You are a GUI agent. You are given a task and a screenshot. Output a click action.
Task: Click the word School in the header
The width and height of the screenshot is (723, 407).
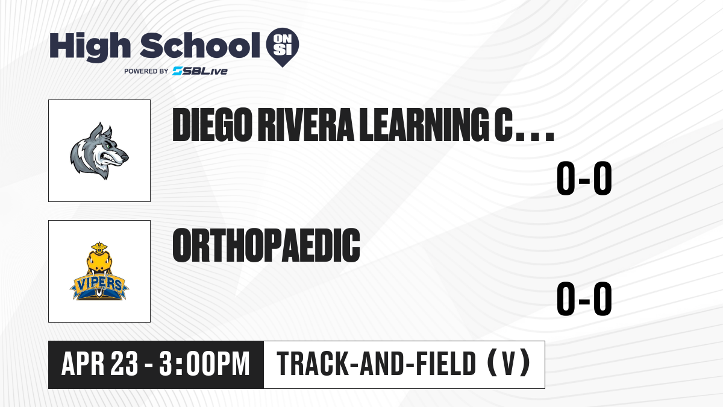click(x=200, y=45)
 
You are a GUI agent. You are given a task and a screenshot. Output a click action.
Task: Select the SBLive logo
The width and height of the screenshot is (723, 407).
click(x=199, y=71)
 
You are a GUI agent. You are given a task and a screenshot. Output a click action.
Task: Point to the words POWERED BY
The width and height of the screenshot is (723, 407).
click(x=146, y=71)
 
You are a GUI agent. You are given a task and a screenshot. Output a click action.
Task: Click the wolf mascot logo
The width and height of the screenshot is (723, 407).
click(x=99, y=151)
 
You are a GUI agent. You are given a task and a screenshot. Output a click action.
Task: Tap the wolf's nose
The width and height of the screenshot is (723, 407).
click(x=125, y=158)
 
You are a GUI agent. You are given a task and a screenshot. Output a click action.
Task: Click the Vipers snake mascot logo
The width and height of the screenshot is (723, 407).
click(x=99, y=271)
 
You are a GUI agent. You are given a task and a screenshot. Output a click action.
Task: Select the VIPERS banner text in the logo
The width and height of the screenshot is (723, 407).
click(x=99, y=284)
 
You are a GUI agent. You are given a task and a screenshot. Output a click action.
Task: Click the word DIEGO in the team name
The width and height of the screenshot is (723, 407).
click(x=212, y=125)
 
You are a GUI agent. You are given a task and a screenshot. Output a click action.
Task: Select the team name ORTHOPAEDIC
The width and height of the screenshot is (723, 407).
click(x=266, y=245)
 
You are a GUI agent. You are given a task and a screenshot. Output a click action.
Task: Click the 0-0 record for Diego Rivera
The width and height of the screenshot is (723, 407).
click(x=584, y=178)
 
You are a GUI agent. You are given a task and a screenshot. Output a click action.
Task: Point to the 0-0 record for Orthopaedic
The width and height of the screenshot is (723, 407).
click(x=584, y=298)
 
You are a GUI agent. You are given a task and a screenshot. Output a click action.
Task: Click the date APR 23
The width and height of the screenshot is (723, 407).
click(x=100, y=364)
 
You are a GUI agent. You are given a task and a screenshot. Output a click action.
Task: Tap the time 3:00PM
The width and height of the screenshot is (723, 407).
click(x=205, y=364)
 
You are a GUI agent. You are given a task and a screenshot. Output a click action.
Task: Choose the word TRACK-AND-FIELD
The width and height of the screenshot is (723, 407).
click(x=377, y=364)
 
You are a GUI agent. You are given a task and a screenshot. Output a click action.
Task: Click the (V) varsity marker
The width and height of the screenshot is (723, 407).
click(x=509, y=364)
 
